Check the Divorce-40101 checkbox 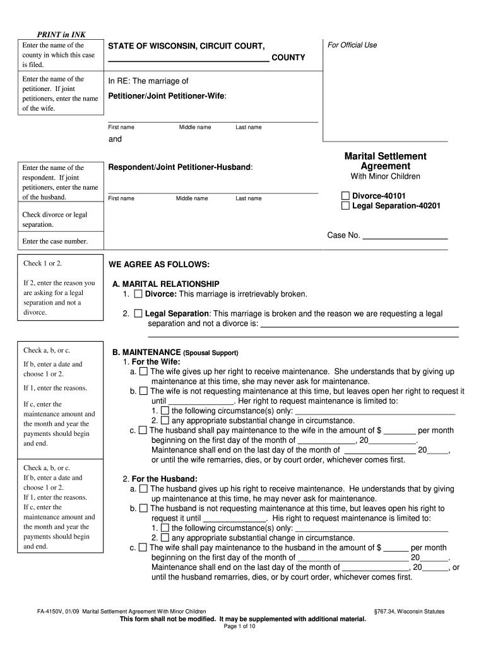click(345, 196)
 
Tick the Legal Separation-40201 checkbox click(345, 206)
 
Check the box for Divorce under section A click(138, 294)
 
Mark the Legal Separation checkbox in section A click(138, 314)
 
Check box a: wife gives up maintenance click(143, 372)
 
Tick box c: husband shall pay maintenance click(143, 430)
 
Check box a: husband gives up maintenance click(143, 489)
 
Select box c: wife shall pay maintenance click(143, 548)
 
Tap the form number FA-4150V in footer click(51, 612)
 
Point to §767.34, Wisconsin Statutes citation click(409, 612)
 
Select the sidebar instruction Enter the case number click(55, 241)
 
